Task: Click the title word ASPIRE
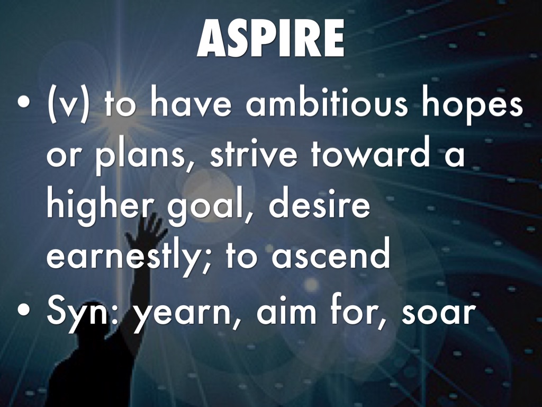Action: click(270, 38)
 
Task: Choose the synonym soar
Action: click(437, 310)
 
